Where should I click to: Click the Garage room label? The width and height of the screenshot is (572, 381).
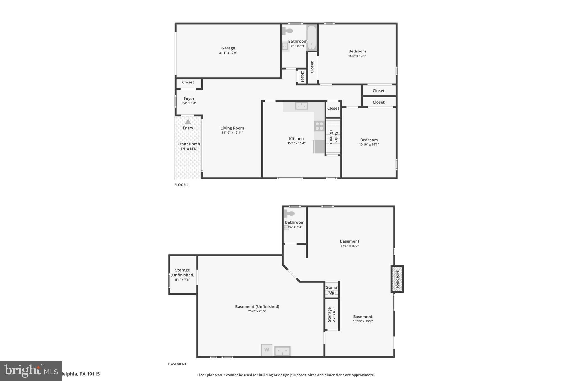coord(228,48)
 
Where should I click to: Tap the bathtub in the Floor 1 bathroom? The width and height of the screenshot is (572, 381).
coord(311,38)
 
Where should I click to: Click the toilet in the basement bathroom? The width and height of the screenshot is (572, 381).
coord(289,214)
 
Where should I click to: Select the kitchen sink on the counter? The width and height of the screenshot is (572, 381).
coord(302,106)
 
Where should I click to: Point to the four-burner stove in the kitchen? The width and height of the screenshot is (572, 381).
coord(319,126)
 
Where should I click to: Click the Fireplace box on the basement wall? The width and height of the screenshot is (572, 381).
coord(397,279)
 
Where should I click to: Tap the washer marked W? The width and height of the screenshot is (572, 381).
coord(267,350)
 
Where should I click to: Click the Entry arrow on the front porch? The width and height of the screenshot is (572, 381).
coord(188,122)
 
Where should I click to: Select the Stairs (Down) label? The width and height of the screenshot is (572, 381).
coord(333,137)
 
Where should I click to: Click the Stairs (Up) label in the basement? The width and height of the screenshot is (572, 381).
coord(332,290)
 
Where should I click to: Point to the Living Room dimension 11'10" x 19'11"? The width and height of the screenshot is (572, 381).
coord(232,133)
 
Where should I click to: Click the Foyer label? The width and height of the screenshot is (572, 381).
coord(189,99)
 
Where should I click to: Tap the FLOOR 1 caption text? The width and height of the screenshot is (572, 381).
coord(181,185)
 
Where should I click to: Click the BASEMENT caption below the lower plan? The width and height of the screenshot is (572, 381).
coord(177,364)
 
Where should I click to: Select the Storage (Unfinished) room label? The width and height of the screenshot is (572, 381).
coord(182,272)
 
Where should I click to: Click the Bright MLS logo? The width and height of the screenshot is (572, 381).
coord(31,371)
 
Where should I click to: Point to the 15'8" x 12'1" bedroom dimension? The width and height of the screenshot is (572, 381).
coord(357,56)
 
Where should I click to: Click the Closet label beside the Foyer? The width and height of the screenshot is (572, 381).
coord(188,82)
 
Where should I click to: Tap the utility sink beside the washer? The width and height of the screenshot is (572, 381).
coord(282,351)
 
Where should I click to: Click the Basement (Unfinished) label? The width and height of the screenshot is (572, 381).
coord(257,306)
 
